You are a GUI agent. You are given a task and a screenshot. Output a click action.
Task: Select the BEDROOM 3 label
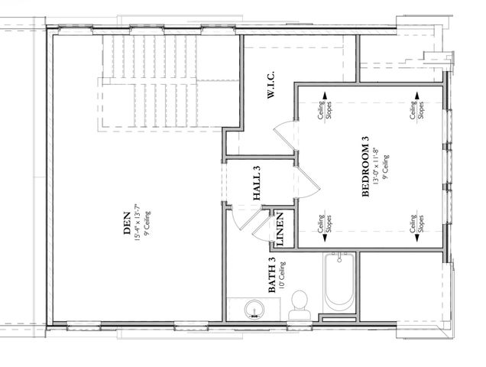[366, 167]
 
